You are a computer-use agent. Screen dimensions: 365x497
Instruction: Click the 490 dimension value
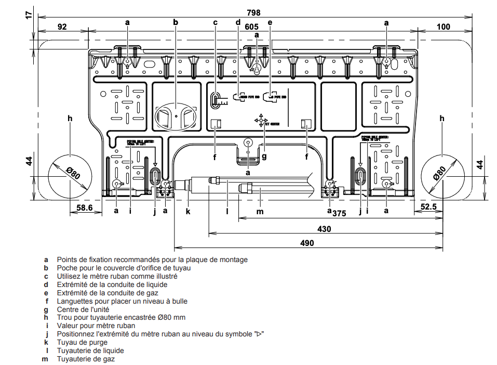(x=307, y=243)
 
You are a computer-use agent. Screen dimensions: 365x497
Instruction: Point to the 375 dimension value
(x=339, y=213)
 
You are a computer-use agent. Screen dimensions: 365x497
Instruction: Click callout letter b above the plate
(x=176, y=22)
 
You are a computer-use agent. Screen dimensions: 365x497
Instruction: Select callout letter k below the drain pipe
(x=188, y=211)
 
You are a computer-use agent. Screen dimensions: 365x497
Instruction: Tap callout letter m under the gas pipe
(x=260, y=211)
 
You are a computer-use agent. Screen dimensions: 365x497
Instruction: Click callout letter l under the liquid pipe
(x=227, y=211)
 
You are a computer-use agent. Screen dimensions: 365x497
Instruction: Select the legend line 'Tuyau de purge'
(x=82, y=342)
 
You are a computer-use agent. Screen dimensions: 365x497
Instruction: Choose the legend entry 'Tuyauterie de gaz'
(x=86, y=359)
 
